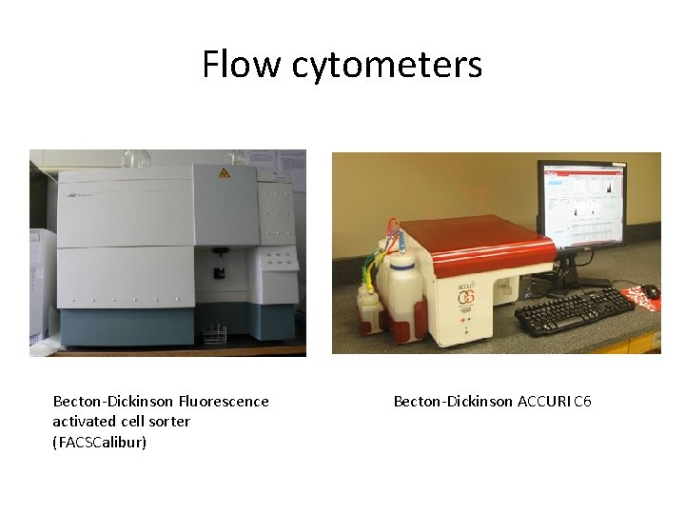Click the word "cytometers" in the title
(387, 66)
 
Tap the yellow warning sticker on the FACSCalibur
(225, 172)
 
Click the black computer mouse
(650, 290)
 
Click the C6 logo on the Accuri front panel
(467, 296)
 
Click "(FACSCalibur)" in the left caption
(100, 442)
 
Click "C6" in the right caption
(582, 402)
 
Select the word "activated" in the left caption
(85, 421)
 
